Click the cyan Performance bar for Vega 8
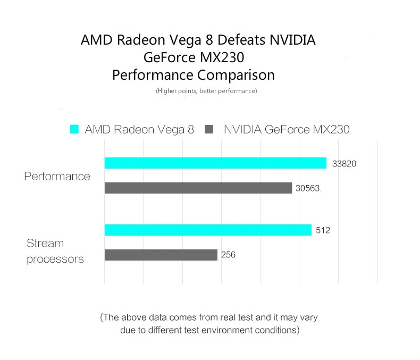point(215,163)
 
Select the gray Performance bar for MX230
point(198,188)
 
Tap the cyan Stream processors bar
point(208,230)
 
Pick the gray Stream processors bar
point(161,255)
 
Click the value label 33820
point(344,164)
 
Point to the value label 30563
point(307,188)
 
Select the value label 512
point(323,230)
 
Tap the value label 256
point(228,255)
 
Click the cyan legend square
point(74,129)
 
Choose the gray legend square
point(209,129)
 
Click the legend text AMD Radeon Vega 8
point(139,129)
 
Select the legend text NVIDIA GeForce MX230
point(287,129)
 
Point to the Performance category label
point(57,176)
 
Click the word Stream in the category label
point(45,243)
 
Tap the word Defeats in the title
point(241,40)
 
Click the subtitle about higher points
point(206,91)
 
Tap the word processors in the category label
point(55,259)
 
